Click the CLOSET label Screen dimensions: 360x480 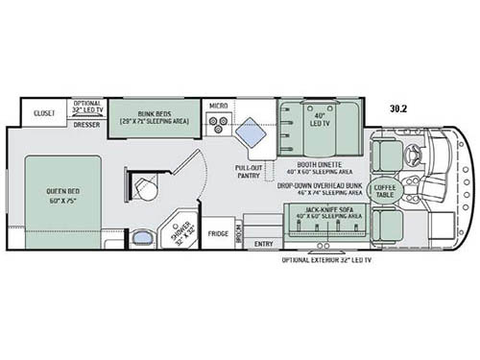point(44,112)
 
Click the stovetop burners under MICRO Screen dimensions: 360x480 point(218,123)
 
